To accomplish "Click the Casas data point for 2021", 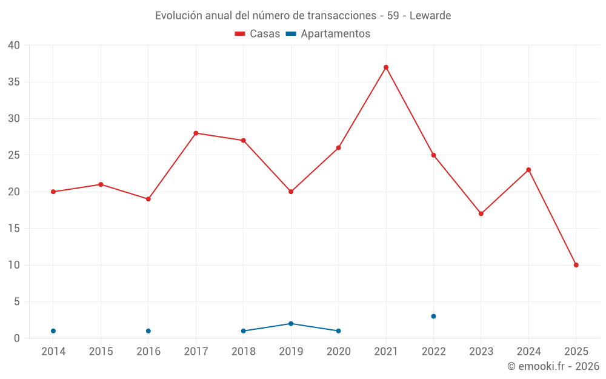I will coord(386,67).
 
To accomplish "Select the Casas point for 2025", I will coord(576,265).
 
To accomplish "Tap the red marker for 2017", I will coord(196,133).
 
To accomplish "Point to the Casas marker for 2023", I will coord(481,213).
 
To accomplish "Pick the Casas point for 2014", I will coord(53,192).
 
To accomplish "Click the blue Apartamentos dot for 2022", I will coord(433,316).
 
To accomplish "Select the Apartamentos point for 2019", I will coord(291,324).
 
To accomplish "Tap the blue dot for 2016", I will coord(148,331).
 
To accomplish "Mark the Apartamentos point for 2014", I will coord(53,331).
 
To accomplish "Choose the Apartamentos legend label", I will coord(335,34).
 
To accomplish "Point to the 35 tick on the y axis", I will coord(14,82).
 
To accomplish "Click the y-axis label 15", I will coord(14,229).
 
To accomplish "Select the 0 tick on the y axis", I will coord(17,338).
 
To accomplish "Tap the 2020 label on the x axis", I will coord(338,352).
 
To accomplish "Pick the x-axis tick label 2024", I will coord(528,352).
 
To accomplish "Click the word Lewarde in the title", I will coord(430,15).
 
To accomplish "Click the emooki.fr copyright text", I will coord(553,366).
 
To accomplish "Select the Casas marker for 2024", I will coord(528,170).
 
